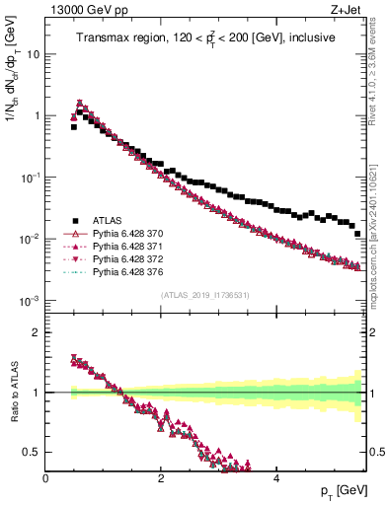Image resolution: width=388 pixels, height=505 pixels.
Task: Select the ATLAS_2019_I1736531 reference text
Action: point(204,294)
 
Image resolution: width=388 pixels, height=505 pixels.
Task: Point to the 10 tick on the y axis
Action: point(33,54)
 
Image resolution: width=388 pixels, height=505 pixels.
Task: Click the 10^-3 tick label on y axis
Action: point(30,300)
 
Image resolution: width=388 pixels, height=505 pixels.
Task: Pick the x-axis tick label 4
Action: point(275,477)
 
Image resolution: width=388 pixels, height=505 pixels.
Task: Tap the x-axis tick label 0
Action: point(45,477)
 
